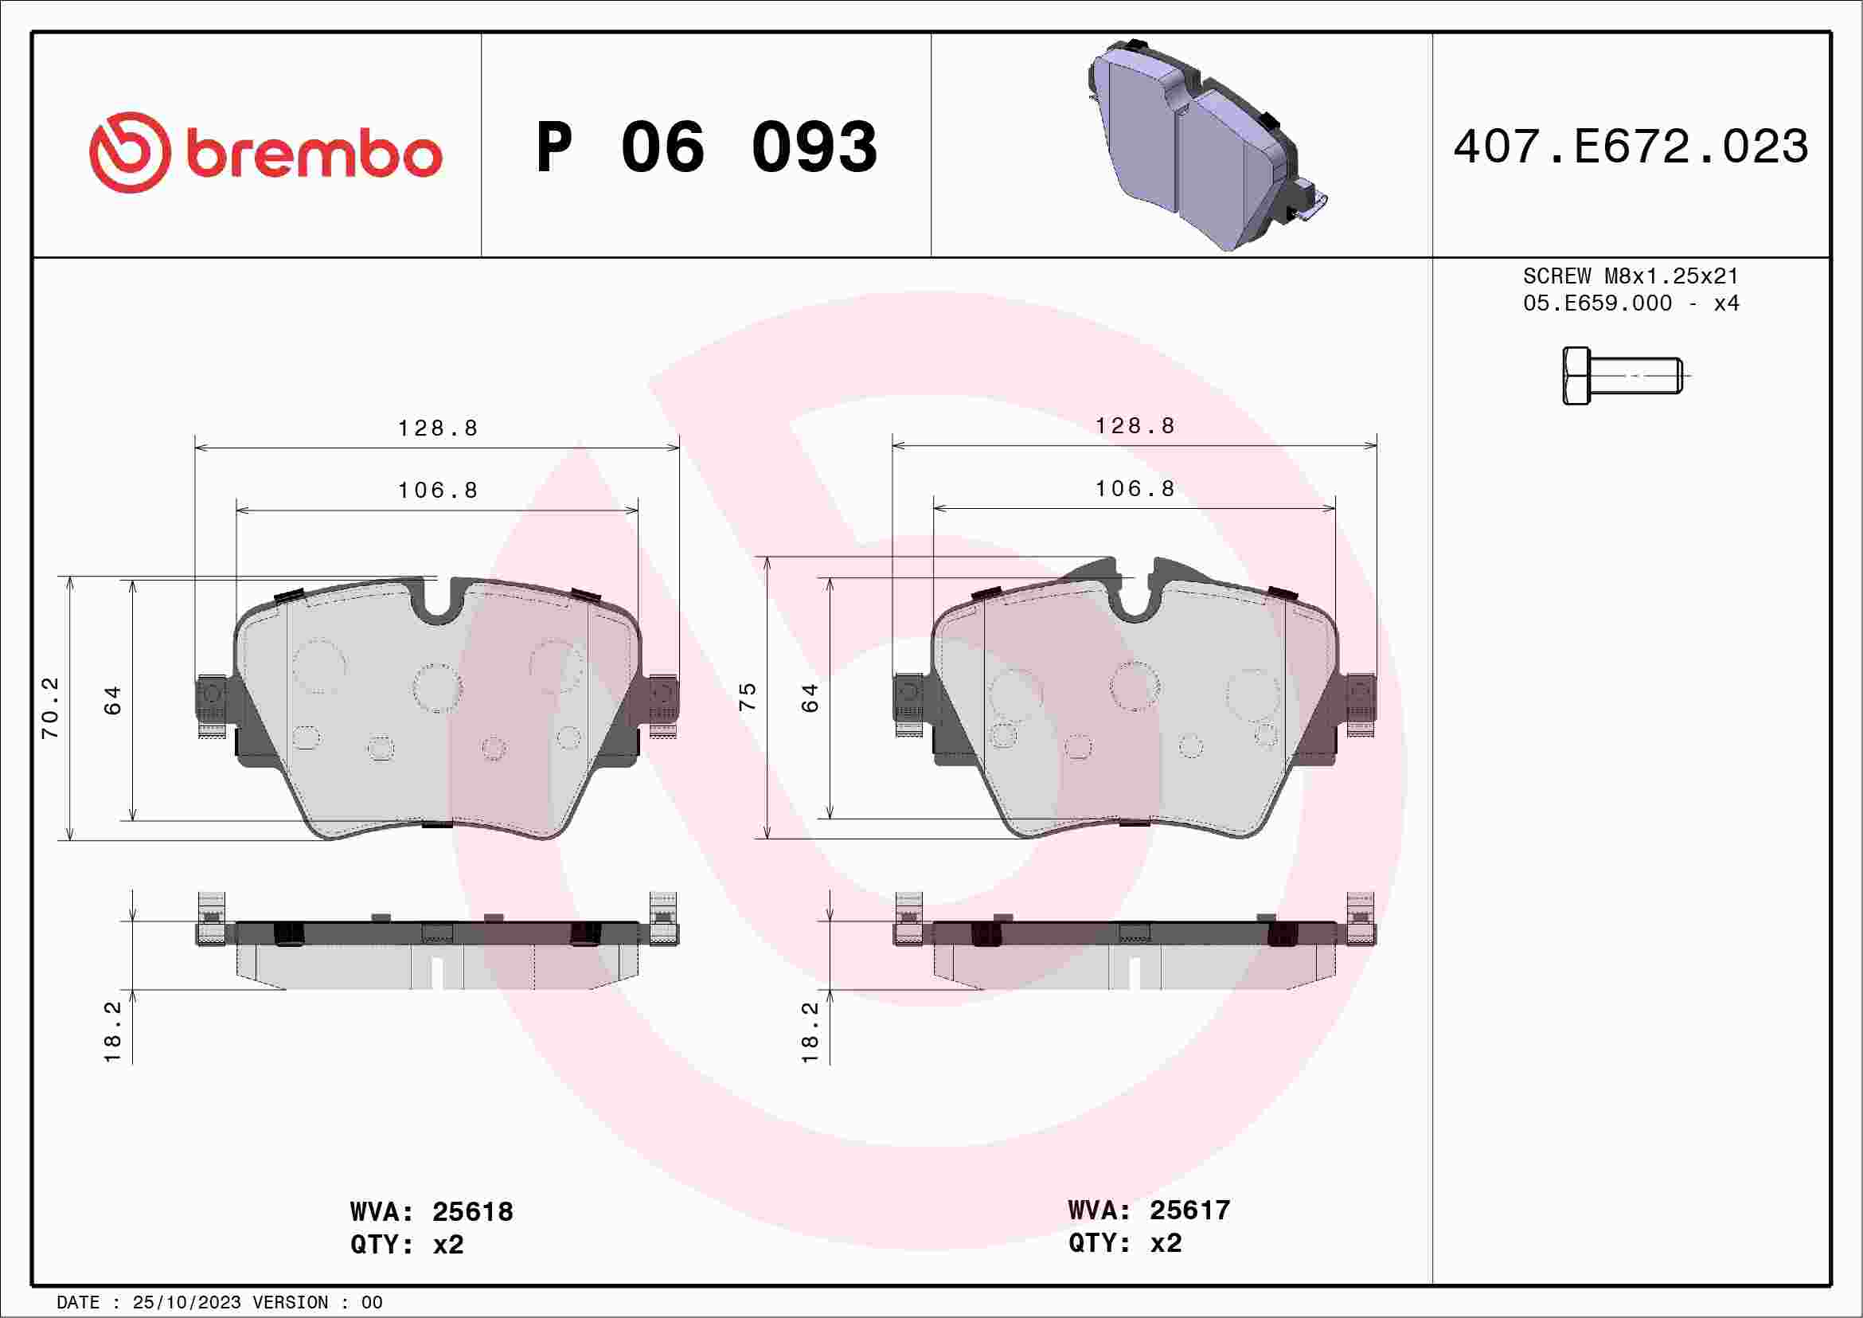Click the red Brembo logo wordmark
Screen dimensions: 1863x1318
pos(314,154)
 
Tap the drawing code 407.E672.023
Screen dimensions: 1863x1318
pos(1631,147)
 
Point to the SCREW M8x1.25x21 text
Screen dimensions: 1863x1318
pos(1631,276)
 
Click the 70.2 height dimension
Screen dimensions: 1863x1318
pos(50,708)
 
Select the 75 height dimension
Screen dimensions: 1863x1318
pos(748,696)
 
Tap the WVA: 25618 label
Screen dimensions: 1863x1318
pos(432,1211)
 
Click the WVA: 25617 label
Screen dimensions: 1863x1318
pos(1149,1210)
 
